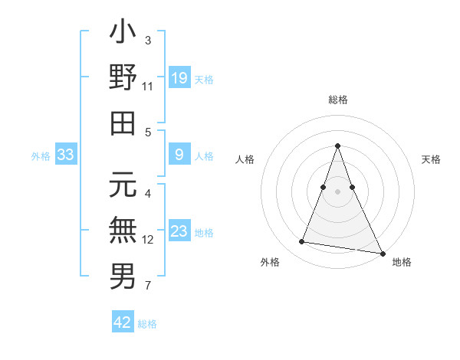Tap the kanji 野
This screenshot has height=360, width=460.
[123, 79]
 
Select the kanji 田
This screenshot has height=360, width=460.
[123, 123]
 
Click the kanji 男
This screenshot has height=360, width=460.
[123, 275]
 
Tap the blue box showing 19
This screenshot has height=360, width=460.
[179, 77]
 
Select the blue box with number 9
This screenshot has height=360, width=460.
[179, 155]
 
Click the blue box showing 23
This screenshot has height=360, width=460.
[179, 231]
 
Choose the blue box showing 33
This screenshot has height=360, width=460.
[65, 155]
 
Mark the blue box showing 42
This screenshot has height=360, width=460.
[123, 322]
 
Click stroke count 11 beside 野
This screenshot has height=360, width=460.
[148, 87]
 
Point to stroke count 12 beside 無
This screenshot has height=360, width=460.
[148, 240]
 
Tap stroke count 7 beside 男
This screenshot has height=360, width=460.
[148, 286]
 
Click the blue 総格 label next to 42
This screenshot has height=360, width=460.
[147, 324]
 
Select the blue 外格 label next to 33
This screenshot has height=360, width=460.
[41, 156]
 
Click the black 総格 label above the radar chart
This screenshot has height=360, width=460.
[338, 100]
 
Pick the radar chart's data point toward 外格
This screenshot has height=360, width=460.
[302, 242]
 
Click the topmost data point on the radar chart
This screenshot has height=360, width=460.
[337, 146]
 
